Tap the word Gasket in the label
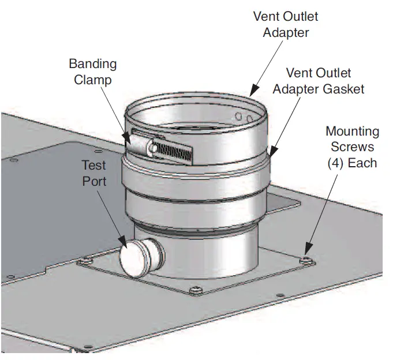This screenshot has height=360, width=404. pyautogui.click(x=345, y=89)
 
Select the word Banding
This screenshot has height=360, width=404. pyautogui.click(x=93, y=63)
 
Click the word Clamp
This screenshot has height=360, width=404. pyautogui.click(x=93, y=79)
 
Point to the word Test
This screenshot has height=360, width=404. pyautogui.click(x=93, y=166)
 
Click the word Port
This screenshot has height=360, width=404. pyautogui.click(x=93, y=181)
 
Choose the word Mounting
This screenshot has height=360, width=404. pyautogui.click(x=352, y=132)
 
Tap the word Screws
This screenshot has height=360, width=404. pyautogui.click(x=352, y=147)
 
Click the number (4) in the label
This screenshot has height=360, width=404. pyautogui.click(x=336, y=163)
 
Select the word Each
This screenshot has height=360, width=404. pyautogui.click(x=362, y=163)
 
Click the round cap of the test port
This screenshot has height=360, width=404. pyautogui.click(x=133, y=260)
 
